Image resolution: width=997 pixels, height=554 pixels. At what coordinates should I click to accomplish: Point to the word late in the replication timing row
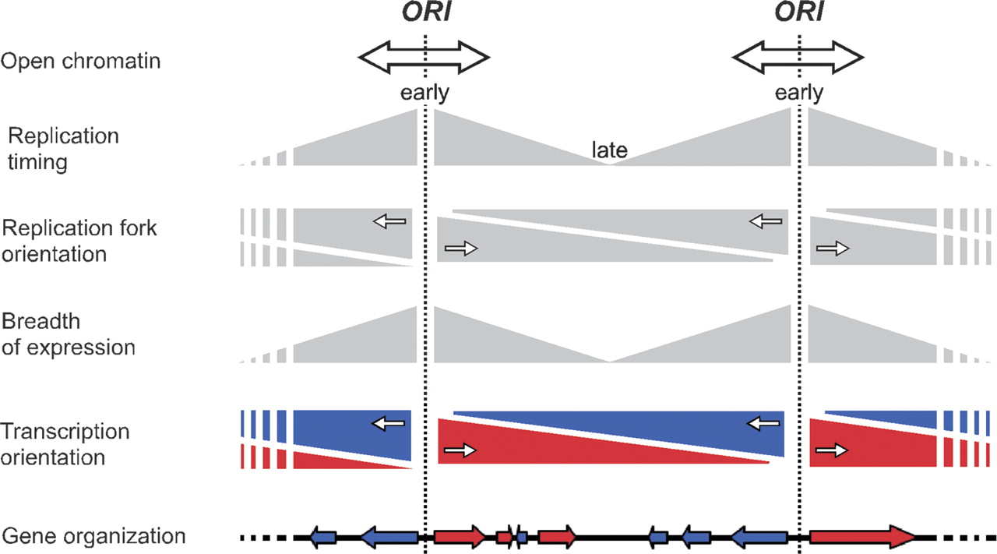[609, 150]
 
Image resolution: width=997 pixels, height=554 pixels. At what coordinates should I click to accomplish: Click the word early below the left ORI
[425, 94]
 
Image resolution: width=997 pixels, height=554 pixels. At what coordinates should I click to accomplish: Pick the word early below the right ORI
[799, 94]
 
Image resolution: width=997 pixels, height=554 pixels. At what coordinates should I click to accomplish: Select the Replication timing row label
[63, 150]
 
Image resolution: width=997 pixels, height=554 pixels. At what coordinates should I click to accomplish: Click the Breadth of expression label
[69, 334]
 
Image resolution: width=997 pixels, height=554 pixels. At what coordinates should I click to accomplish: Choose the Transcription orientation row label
[65, 444]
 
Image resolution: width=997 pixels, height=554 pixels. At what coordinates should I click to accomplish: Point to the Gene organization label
[93, 536]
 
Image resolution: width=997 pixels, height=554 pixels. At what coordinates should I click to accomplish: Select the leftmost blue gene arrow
[323, 536]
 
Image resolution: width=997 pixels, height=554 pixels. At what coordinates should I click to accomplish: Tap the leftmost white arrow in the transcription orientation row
[389, 423]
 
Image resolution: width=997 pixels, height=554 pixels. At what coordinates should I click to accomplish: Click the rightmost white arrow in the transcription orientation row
[832, 450]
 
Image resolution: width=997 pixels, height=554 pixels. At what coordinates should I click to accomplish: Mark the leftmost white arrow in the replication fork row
[390, 222]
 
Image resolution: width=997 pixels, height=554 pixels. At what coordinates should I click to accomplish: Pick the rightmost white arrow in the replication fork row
[832, 249]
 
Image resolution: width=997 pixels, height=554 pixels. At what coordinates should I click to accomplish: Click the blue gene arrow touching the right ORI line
[759, 536]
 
